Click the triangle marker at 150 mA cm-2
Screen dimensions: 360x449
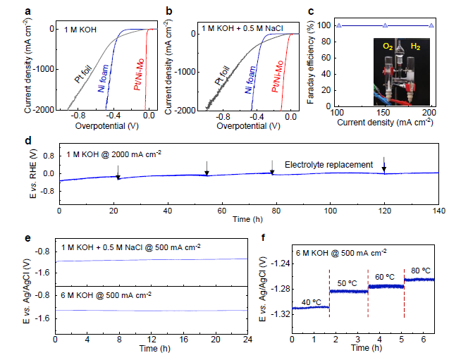(x=384, y=25)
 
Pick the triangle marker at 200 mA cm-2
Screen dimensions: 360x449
(x=431, y=25)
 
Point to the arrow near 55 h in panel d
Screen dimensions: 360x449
(x=207, y=168)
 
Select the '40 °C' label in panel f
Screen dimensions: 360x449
(x=311, y=302)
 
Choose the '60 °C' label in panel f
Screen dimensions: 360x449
(x=385, y=277)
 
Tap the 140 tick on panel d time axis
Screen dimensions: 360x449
(x=438, y=211)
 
